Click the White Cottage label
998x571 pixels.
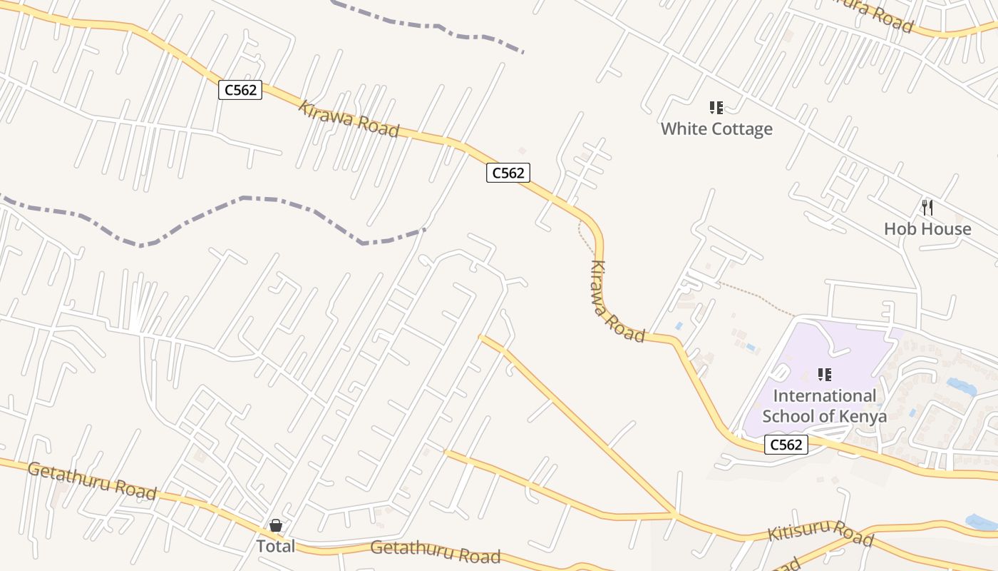(x=716, y=128)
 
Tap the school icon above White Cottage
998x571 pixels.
(x=716, y=108)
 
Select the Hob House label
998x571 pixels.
(x=927, y=228)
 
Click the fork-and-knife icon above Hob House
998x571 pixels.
(x=927, y=208)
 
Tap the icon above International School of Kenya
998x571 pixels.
(x=825, y=375)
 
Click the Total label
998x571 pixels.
(x=275, y=546)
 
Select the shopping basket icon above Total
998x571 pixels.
(x=276, y=526)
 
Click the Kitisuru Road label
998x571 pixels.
(x=820, y=532)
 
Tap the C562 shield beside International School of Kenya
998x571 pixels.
(x=786, y=445)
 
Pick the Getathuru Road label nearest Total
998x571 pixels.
(x=436, y=552)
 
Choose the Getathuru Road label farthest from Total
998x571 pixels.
(x=92, y=480)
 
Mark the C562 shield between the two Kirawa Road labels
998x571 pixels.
(x=508, y=172)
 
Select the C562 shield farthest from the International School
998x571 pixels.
(x=240, y=90)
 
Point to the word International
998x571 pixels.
(x=825, y=395)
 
